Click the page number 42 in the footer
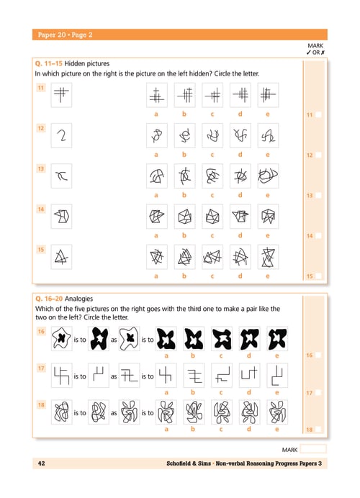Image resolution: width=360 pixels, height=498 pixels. [41, 463]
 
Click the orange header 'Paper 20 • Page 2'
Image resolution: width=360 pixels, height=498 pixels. [65, 35]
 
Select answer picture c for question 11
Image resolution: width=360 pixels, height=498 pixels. [212, 95]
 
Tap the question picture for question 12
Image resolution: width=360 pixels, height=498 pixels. [61, 135]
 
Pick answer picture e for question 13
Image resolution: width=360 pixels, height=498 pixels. [268, 176]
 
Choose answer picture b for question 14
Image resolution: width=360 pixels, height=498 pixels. [184, 217]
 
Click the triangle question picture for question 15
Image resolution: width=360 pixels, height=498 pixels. [61, 257]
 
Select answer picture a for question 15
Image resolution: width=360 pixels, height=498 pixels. [157, 257]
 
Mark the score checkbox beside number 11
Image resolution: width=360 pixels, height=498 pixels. [318, 114]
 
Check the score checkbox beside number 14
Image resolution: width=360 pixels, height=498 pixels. [318, 235]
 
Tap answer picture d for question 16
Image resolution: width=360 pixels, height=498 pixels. [249, 338]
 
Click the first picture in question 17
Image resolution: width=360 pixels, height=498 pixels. [62, 376]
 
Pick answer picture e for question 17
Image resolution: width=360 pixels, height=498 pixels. [277, 376]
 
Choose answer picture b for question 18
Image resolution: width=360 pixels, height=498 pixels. [194, 412]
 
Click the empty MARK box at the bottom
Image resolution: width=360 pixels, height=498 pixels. [313, 449]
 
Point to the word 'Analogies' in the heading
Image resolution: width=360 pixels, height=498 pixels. [78, 299]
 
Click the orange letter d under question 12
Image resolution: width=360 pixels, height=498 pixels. [240, 154]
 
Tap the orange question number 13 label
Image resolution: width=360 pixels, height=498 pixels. [41, 168]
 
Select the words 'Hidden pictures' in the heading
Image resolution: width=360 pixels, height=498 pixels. [86, 63]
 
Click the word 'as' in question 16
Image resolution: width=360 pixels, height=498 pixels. [114, 340]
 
